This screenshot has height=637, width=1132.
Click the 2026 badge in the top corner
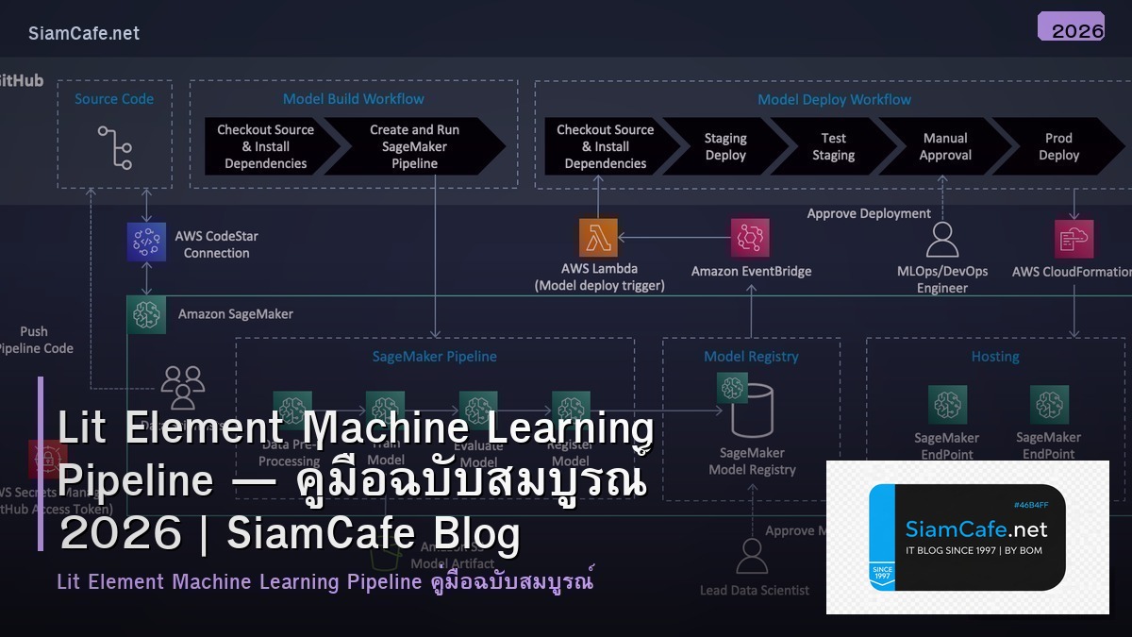tap(1071, 27)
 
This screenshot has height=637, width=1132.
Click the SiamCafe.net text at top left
tap(84, 33)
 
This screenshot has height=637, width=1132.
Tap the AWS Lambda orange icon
tap(598, 238)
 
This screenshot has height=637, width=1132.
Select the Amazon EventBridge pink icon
tap(750, 238)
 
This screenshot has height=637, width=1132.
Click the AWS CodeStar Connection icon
tap(146, 242)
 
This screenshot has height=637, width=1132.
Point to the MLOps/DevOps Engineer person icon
tap(942, 240)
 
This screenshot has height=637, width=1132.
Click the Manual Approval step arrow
tap(945, 146)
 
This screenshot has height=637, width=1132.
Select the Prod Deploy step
tap(1058, 146)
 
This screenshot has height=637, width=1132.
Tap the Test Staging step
tap(833, 146)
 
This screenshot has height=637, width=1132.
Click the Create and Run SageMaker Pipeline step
tap(415, 146)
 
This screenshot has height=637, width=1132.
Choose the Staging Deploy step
tap(725, 146)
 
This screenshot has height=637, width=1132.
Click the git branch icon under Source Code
tap(115, 147)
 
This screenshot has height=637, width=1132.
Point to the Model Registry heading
tap(751, 357)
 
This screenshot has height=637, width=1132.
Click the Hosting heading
tap(995, 357)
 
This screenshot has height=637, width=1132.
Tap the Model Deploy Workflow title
tap(834, 99)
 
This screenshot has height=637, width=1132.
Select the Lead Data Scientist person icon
tap(752, 557)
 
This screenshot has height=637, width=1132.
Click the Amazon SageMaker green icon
tap(146, 314)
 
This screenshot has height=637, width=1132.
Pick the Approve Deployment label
tap(868, 213)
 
